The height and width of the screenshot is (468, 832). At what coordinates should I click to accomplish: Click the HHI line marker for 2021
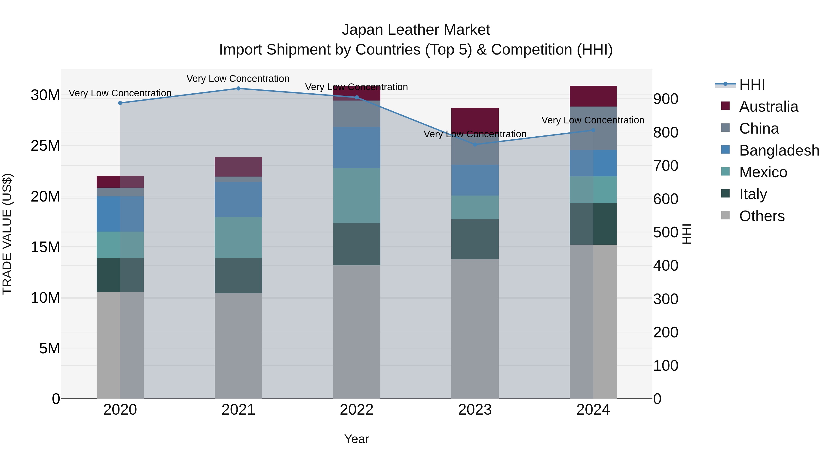[x=238, y=89]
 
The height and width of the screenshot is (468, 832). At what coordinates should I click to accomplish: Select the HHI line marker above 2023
[x=475, y=144]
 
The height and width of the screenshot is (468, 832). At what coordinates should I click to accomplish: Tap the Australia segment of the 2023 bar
[x=475, y=119]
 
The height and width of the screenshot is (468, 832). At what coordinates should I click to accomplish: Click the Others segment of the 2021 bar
[x=238, y=346]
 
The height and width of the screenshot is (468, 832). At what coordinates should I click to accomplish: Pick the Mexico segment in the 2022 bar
[x=357, y=195]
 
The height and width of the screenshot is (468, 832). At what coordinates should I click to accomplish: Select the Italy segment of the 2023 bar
[x=475, y=239]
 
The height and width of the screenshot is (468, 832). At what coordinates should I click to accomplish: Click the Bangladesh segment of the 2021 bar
[x=238, y=199]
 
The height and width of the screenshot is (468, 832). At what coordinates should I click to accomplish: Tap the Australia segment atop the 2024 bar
[x=593, y=96]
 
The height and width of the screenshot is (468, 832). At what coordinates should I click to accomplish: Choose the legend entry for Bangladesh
[x=778, y=150]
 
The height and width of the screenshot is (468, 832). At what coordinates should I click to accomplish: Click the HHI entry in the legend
[x=752, y=85]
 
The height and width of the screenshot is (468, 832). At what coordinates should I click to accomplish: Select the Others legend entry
[x=761, y=216]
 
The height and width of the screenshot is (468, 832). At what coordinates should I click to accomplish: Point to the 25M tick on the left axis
[x=45, y=146]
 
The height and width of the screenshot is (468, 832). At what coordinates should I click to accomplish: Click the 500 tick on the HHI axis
[x=666, y=232]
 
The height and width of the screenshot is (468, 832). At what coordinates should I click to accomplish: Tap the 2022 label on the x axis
[x=357, y=410]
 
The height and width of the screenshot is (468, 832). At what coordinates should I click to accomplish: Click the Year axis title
[x=357, y=439]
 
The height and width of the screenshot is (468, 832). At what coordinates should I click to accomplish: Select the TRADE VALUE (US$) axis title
[x=7, y=234]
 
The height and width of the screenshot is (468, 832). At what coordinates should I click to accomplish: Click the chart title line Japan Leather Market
[x=416, y=30]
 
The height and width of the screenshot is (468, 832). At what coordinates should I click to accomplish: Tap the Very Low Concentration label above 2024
[x=593, y=120]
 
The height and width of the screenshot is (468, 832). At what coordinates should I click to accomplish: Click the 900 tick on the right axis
[x=666, y=99]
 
